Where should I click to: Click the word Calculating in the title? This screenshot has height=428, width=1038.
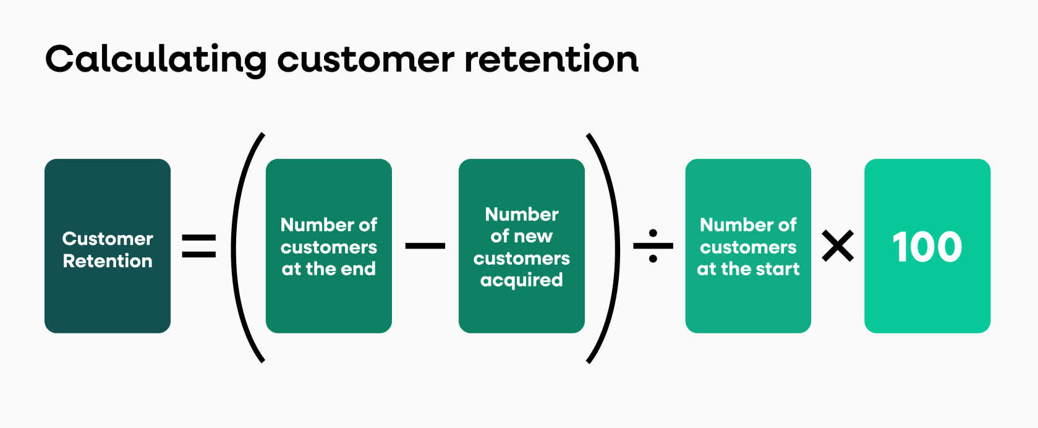click(x=156, y=60)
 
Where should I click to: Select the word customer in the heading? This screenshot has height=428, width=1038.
click(x=365, y=60)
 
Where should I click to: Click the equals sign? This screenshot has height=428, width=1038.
click(x=199, y=246)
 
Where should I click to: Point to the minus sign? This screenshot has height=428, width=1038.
click(x=425, y=246)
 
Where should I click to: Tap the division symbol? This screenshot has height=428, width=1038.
click(x=653, y=246)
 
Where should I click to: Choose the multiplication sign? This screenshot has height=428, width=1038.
click(x=838, y=246)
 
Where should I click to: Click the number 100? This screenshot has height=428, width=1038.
click(x=927, y=247)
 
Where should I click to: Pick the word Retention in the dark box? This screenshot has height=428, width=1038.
click(x=108, y=261)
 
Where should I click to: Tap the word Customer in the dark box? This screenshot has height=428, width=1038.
click(x=108, y=239)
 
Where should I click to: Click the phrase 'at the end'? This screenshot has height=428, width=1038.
click(x=328, y=269)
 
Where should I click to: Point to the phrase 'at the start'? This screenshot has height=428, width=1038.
click(x=748, y=269)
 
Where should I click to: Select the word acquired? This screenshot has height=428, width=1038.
click(x=521, y=280)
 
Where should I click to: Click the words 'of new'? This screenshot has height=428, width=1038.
click(x=521, y=236)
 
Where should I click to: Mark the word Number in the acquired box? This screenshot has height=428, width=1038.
click(x=521, y=214)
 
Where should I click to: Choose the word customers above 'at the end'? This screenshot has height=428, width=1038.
click(x=328, y=247)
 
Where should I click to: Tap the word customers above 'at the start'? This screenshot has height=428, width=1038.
click(x=748, y=247)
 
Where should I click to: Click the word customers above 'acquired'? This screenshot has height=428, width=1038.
click(x=521, y=258)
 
